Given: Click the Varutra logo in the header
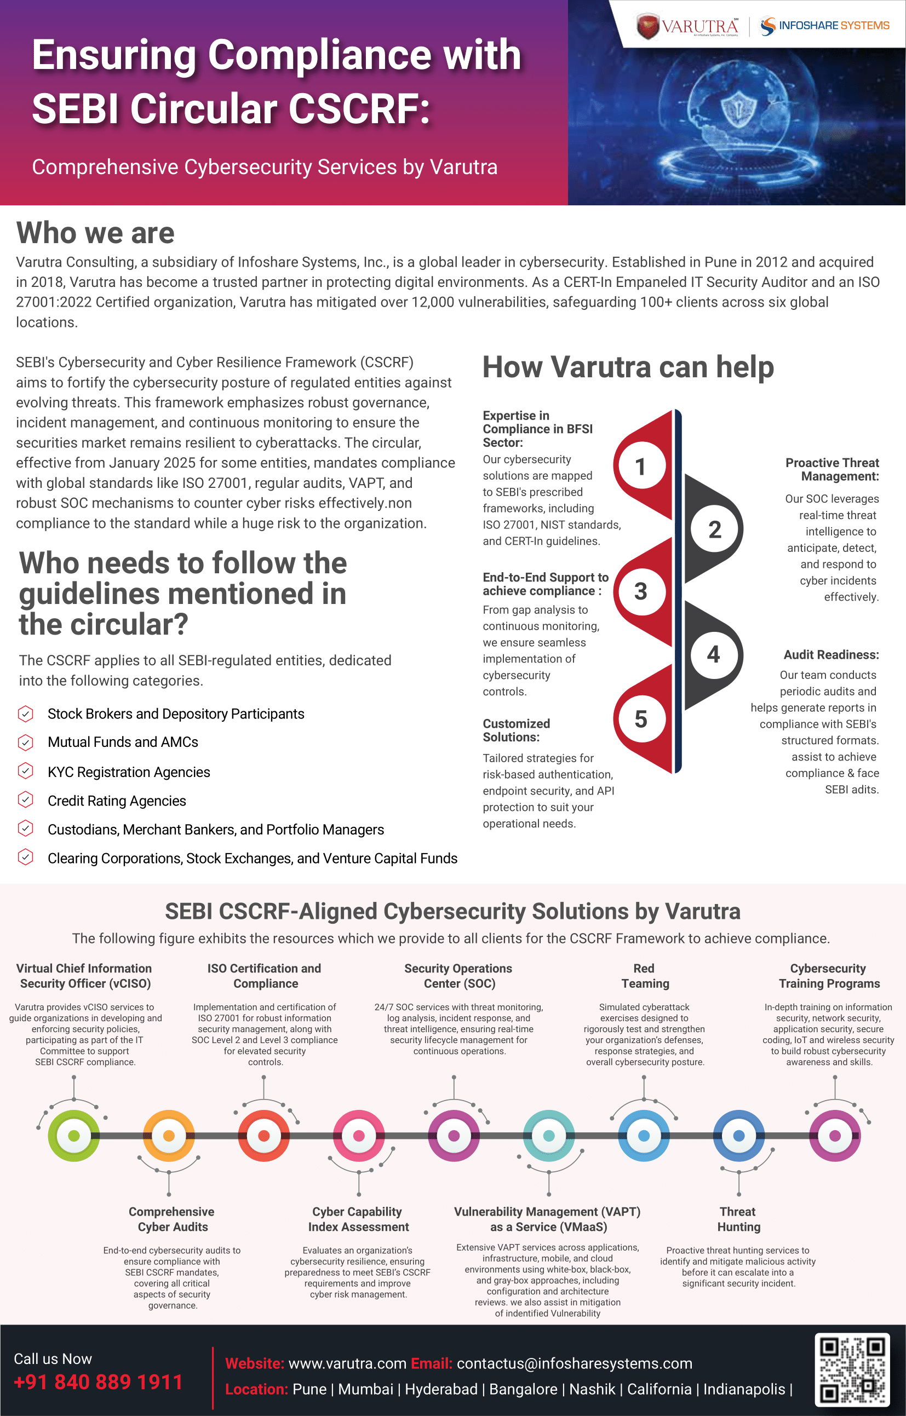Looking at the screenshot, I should [x=686, y=26].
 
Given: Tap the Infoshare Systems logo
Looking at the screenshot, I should [x=824, y=26].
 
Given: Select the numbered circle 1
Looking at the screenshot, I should [x=641, y=467].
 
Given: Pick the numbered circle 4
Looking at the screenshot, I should [x=714, y=654].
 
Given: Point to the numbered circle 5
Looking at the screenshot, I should [x=641, y=719].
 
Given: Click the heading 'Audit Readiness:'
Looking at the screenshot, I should [x=831, y=655].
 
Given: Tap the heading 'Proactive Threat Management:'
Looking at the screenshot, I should [x=832, y=469].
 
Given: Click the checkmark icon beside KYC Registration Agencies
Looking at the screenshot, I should [x=25, y=770].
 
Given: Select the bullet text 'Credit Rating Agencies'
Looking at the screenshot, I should [x=117, y=801].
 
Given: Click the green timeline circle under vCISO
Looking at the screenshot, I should [x=73, y=1136].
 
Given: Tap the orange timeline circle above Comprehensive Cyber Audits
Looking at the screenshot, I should [x=169, y=1136].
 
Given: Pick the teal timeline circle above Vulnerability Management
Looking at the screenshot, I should [x=548, y=1136].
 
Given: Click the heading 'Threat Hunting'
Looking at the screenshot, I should [x=738, y=1219].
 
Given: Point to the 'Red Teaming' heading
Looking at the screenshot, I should [x=645, y=976].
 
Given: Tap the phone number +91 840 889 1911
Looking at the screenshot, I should [x=98, y=1382].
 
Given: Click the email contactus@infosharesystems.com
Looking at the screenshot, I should [x=574, y=1363].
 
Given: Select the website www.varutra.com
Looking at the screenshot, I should [x=347, y=1363].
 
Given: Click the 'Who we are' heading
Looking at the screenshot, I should [x=95, y=233].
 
